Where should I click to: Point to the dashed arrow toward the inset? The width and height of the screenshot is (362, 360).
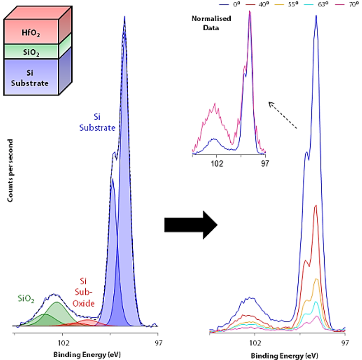[283, 115]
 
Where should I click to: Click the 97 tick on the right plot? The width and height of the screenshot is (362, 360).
[345, 342]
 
